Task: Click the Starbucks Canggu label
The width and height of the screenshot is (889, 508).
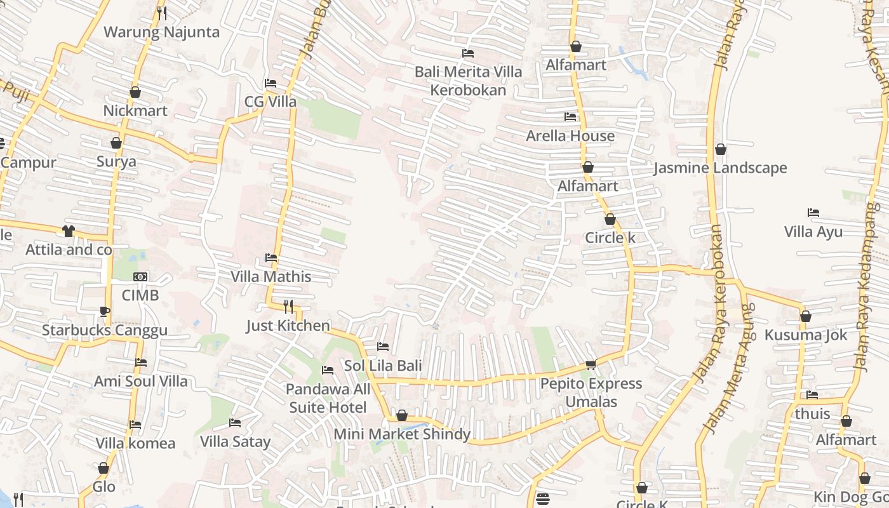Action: coord(105,330)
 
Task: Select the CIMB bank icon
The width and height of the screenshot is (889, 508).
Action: coord(140,277)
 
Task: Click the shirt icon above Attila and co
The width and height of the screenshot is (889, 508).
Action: coord(69,231)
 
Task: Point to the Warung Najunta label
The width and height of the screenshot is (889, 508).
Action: coord(161,32)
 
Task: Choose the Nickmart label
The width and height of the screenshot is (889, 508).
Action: coord(135,111)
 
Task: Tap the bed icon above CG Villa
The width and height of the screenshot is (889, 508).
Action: coord(271,83)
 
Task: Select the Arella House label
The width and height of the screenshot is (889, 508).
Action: coord(570,136)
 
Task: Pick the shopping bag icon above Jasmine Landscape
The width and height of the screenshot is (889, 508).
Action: coord(721,150)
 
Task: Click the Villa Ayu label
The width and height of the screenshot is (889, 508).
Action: coord(813,232)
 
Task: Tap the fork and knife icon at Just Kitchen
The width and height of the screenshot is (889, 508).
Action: coord(288,307)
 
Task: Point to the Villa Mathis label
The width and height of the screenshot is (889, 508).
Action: coord(271,277)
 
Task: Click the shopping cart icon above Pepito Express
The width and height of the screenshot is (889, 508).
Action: coord(591,364)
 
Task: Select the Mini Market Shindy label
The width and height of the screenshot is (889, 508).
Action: coord(402,434)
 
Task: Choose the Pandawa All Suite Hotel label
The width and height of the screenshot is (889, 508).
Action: coord(328,398)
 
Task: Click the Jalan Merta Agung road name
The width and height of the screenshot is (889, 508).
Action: coord(729,368)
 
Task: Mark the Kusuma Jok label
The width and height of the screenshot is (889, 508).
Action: coord(806,335)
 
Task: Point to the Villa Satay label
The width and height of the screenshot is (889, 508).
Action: coord(235,441)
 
